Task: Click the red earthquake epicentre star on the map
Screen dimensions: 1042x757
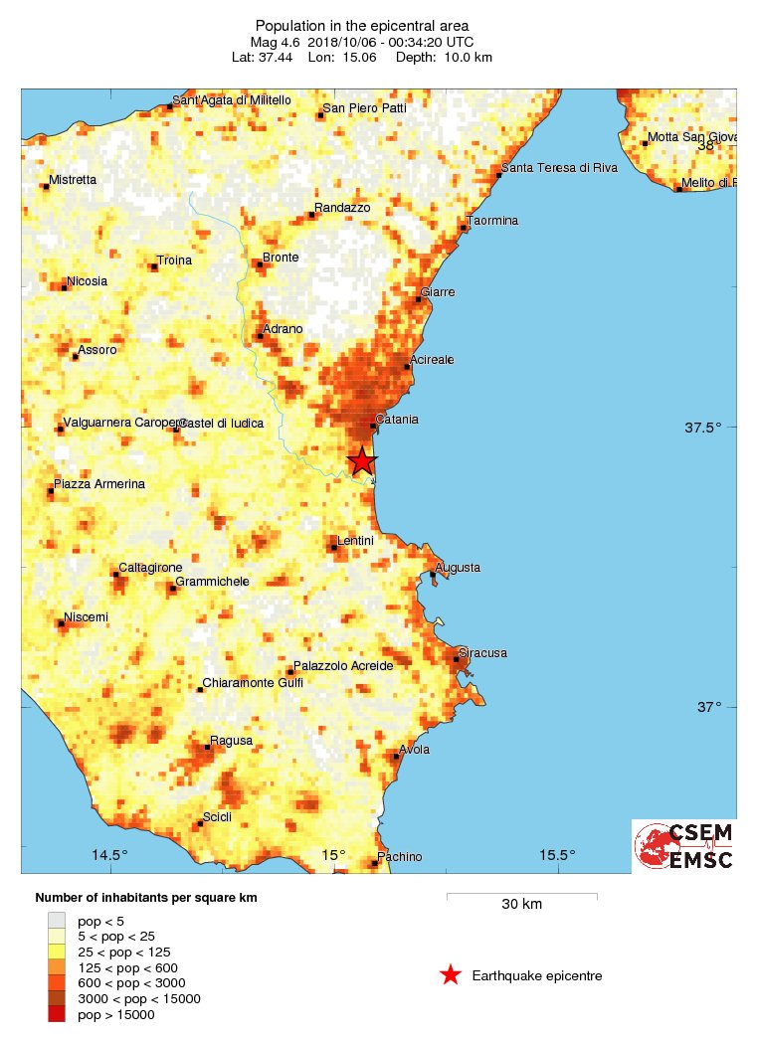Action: click(362, 461)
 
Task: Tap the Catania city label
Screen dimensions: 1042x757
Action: click(398, 420)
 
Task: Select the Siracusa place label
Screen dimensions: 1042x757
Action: click(484, 653)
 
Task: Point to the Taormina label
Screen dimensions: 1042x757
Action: click(494, 221)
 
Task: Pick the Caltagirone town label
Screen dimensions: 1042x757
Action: click(148, 569)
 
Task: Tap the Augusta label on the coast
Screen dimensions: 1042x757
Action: click(459, 568)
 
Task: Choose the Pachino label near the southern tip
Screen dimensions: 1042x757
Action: click(401, 857)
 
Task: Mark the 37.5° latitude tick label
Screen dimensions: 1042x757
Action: click(703, 429)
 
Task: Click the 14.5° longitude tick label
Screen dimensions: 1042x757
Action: click(110, 855)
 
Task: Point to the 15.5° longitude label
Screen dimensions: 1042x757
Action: click(558, 855)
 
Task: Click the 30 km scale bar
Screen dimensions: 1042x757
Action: click(521, 896)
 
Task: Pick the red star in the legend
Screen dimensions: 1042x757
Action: click(451, 975)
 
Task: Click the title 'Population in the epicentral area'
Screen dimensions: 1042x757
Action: click(362, 25)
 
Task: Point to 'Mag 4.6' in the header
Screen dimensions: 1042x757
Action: click(274, 42)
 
